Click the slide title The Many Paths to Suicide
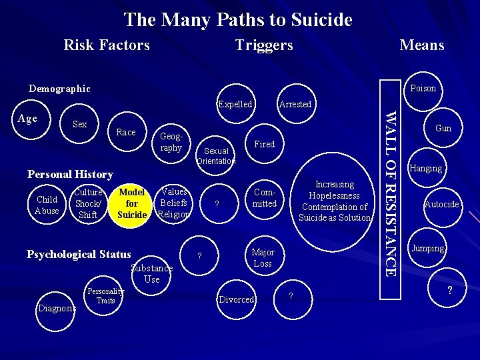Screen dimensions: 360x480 pyautogui.click(x=238, y=19)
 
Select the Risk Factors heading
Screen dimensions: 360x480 pyautogui.click(x=107, y=45)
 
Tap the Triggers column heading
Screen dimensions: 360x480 pyautogui.click(x=264, y=45)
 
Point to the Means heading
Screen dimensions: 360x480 pyautogui.click(x=421, y=45)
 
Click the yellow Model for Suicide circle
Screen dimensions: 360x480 pyautogui.click(x=131, y=203)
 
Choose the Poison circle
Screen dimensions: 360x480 pyautogui.click(x=423, y=88)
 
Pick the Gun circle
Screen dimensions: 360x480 pyautogui.click(x=443, y=128)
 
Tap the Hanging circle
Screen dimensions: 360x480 pyautogui.click(x=426, y=168)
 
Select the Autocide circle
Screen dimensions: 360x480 pyautogui.click(x=441, y=204)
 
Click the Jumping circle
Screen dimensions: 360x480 pyautogui.click(x=427, y=248)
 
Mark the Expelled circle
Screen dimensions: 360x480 pyautogui.click(x=235, y=104)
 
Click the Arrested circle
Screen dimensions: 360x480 pyautogui.click(x=295, y=104)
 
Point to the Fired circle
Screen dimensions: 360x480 pyautogui.click(x=264, y=144)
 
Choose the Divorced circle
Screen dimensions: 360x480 pyautogui.click(x=237, y=299)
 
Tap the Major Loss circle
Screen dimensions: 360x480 pyautogui.click(x=263, y=257)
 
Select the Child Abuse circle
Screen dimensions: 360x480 pyautogui.click(x=47, y=205)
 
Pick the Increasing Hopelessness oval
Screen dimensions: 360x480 pyautogui.click(x=335, y=201)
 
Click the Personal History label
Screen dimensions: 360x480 pyautogui.click(x=70, y=174)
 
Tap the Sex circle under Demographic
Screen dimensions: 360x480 pyautogui.click(x=79, y=124)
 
